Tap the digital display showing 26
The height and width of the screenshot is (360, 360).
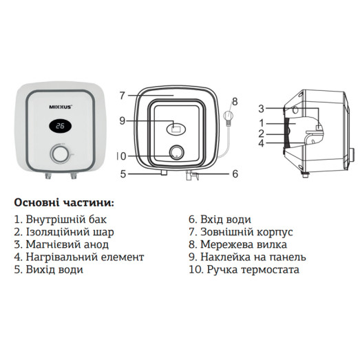pyautogui.click(x=61, y=127)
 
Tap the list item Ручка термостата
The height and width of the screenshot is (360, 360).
pyautogui.click(x=244, y=269)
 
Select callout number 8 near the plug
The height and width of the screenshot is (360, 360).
pyautogui.click(x=234, y=101)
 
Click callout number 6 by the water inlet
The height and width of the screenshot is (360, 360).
pyautogui.click(x=234, y=174)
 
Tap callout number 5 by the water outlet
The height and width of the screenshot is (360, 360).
pyautogui.click(x=123, y=174)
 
